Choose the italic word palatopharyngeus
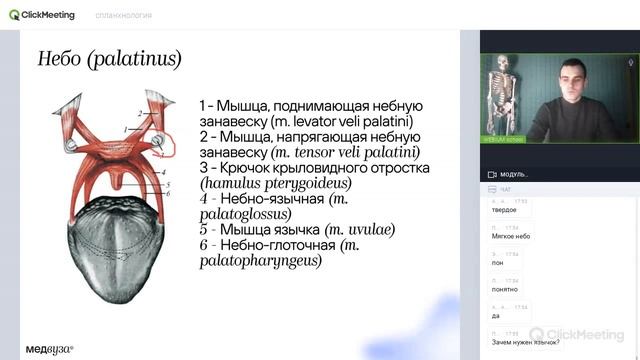260,261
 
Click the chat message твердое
504,210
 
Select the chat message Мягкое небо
511,236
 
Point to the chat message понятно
505,289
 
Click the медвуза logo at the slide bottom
50,349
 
